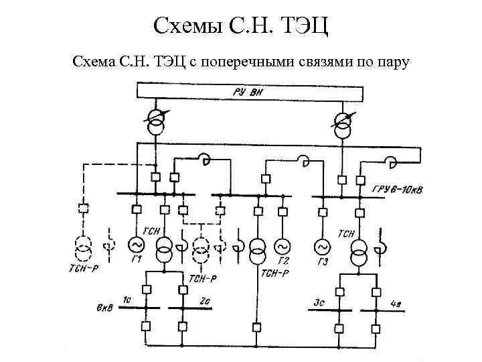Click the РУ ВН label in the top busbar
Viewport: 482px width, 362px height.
point(247,92)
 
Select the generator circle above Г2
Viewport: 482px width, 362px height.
point(282,245)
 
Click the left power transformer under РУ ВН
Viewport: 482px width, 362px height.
point(155,121)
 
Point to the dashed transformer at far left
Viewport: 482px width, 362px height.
point(83,248)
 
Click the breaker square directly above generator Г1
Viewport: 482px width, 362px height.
point(135,210)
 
